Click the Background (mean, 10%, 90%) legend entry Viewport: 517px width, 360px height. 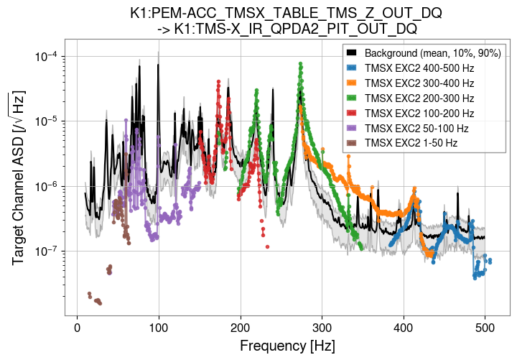[x=426, y=52]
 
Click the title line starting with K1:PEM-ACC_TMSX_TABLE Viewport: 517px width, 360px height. [x=286, y=14]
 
